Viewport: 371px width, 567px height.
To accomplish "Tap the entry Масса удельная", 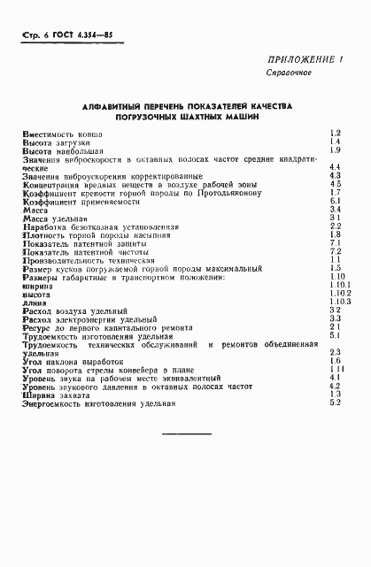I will (56, 217).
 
